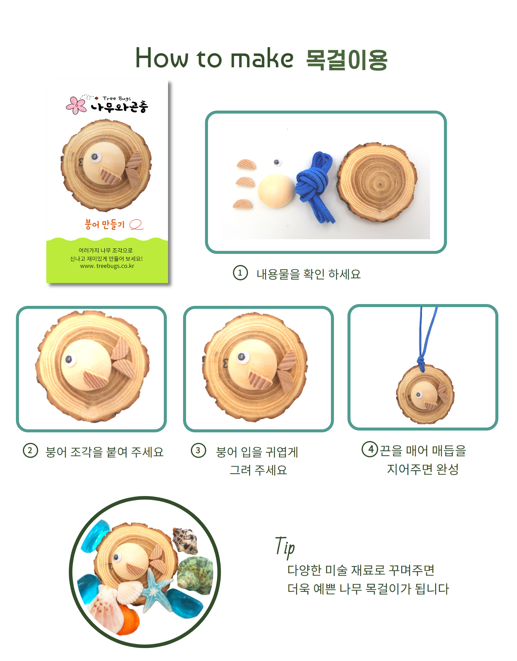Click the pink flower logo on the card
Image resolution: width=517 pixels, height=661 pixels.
click(x=76, y=105)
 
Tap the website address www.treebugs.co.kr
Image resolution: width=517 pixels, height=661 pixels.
click(x=107, y=266)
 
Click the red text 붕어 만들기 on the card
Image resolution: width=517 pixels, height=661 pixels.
click(x=105, y=224)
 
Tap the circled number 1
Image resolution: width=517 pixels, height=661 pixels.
click(x=240, y=273)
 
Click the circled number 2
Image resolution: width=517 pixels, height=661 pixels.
click(x=31, y=451)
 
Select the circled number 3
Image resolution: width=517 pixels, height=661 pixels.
click(x=199, y=451)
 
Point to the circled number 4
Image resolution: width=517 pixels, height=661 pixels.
click(x=370, y=449)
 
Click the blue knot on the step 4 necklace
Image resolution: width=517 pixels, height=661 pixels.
click(x=421, y=362)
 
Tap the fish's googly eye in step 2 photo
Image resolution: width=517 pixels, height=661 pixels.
click(x=70, y=360)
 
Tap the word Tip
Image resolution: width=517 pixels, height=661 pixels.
click(x=285, y=547)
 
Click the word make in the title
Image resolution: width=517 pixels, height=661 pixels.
click(x=262, y=58)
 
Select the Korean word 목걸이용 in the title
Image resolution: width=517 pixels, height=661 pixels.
click(x=347, y=60)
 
